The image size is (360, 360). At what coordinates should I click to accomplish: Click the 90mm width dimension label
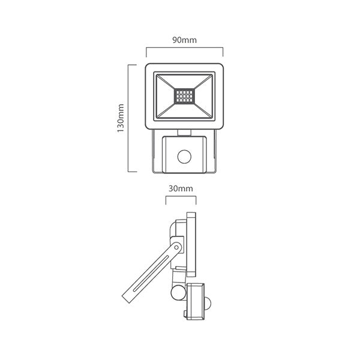pos(185,40)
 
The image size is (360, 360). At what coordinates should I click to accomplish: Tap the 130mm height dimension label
pos(120,118)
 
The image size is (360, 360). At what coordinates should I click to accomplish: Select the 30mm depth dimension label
pos(181,188)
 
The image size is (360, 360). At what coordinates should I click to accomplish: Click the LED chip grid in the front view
pos(184,95)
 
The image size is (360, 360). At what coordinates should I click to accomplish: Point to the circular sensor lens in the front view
pos(183,157)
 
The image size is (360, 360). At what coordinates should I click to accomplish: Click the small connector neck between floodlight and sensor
pos(184,130)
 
